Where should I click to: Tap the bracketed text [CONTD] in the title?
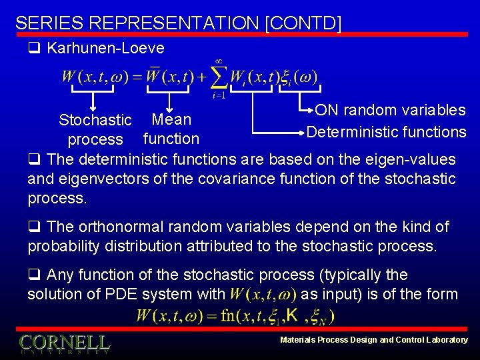[303, 23]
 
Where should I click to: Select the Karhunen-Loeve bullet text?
[105, 48]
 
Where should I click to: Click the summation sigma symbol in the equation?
[218, 77]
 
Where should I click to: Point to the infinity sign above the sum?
[217, 61]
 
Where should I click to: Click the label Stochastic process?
[95, 130]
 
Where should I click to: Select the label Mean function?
[171, 129]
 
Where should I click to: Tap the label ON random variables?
[390, 110]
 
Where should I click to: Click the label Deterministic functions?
[386, 132]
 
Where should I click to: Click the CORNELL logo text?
[64, 343]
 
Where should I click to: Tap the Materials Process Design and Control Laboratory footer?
[373, 340]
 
